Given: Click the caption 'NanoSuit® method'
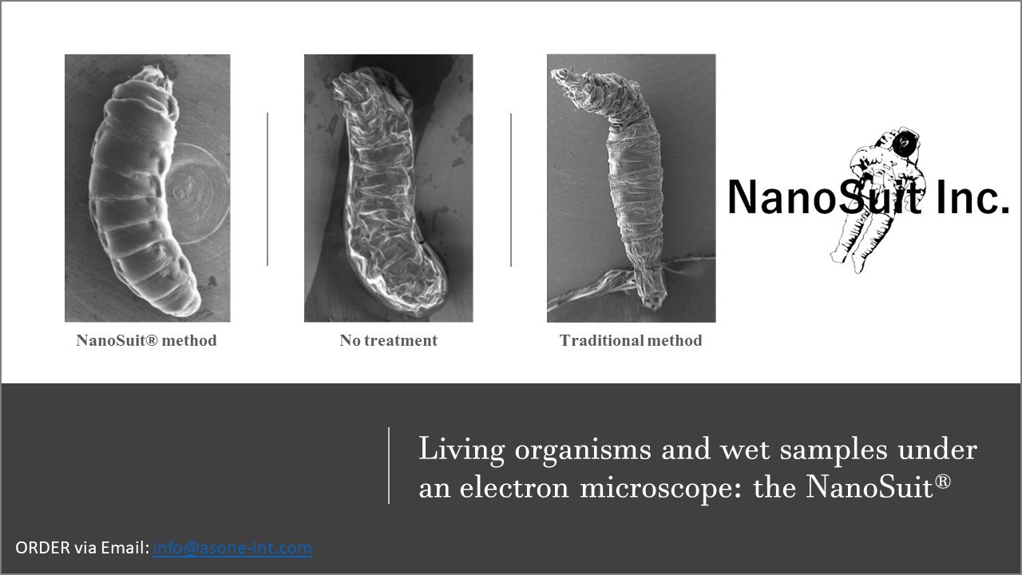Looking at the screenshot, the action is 146,340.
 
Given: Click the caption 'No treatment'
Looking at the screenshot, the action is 388,340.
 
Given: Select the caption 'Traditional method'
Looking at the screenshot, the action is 631,340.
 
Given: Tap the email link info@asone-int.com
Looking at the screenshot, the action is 232,548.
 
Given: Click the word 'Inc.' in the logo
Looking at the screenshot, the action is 972,197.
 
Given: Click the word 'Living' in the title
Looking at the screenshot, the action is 461,450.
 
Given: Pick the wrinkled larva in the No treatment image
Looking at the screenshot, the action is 388,192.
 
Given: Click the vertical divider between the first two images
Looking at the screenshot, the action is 267,189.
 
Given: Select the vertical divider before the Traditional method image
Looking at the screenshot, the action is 511,190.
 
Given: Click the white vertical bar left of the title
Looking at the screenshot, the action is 389,466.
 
